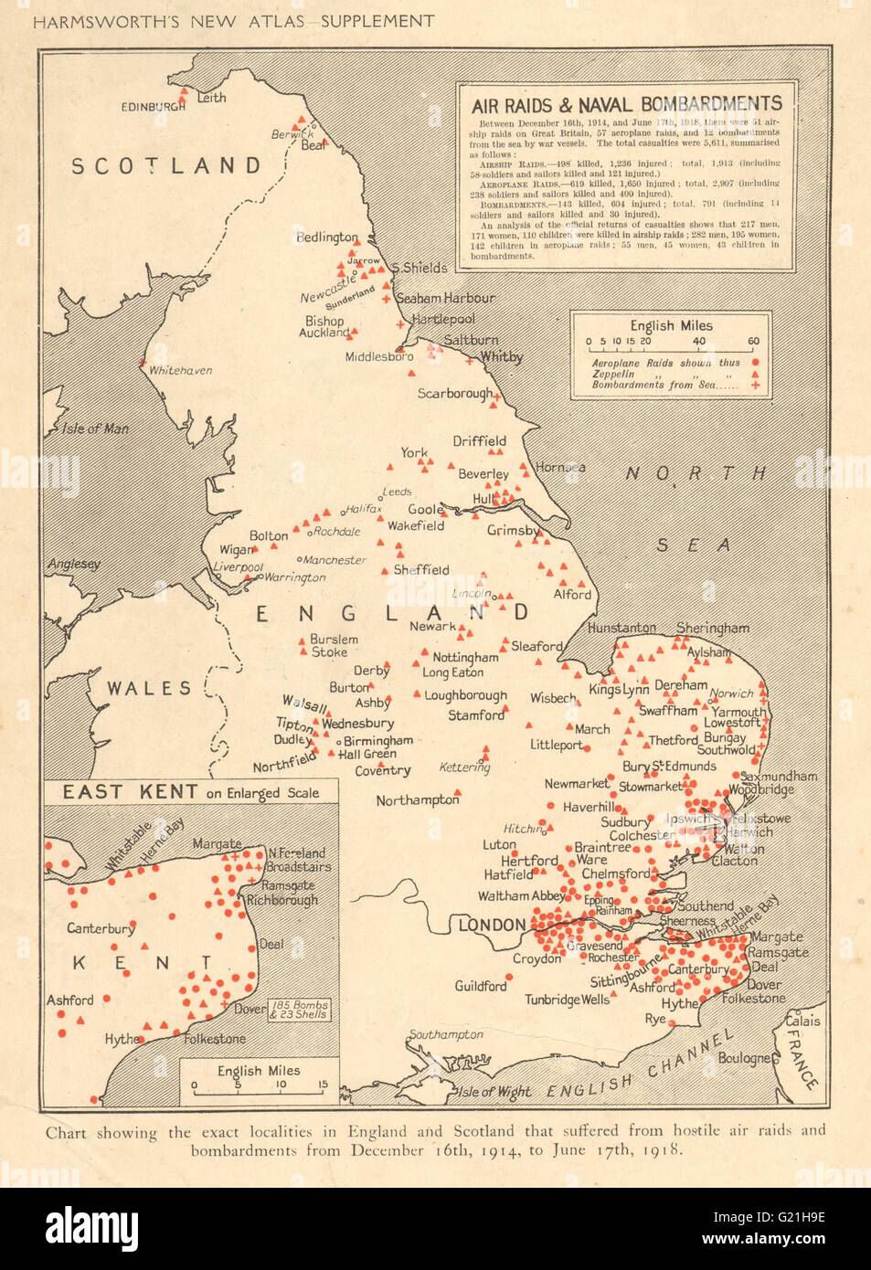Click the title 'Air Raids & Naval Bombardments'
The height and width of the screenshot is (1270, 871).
coord(626,103)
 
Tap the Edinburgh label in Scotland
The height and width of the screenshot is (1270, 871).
coord(153,107)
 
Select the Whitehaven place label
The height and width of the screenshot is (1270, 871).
coord(180,370)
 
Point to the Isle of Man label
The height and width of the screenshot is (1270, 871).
coord(95,429)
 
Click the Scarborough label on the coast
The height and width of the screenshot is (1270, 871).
coord(454,394)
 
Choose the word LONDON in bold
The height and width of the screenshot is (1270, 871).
coord(492,926)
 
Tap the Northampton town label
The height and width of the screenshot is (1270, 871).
coord(417,800)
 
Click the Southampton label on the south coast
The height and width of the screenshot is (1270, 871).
coord(446,1034)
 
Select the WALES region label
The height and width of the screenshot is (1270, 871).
coord(149,689)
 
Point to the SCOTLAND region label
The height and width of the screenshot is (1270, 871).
coord(166,165)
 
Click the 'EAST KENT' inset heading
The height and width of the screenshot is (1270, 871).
coord(116,791)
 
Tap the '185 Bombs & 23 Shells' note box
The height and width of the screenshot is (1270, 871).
coord(300,1010)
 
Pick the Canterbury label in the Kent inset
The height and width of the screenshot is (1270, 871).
coord(101,928)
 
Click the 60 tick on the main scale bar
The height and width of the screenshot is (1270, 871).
coord(753,341)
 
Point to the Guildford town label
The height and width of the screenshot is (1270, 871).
coord(481,986)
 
